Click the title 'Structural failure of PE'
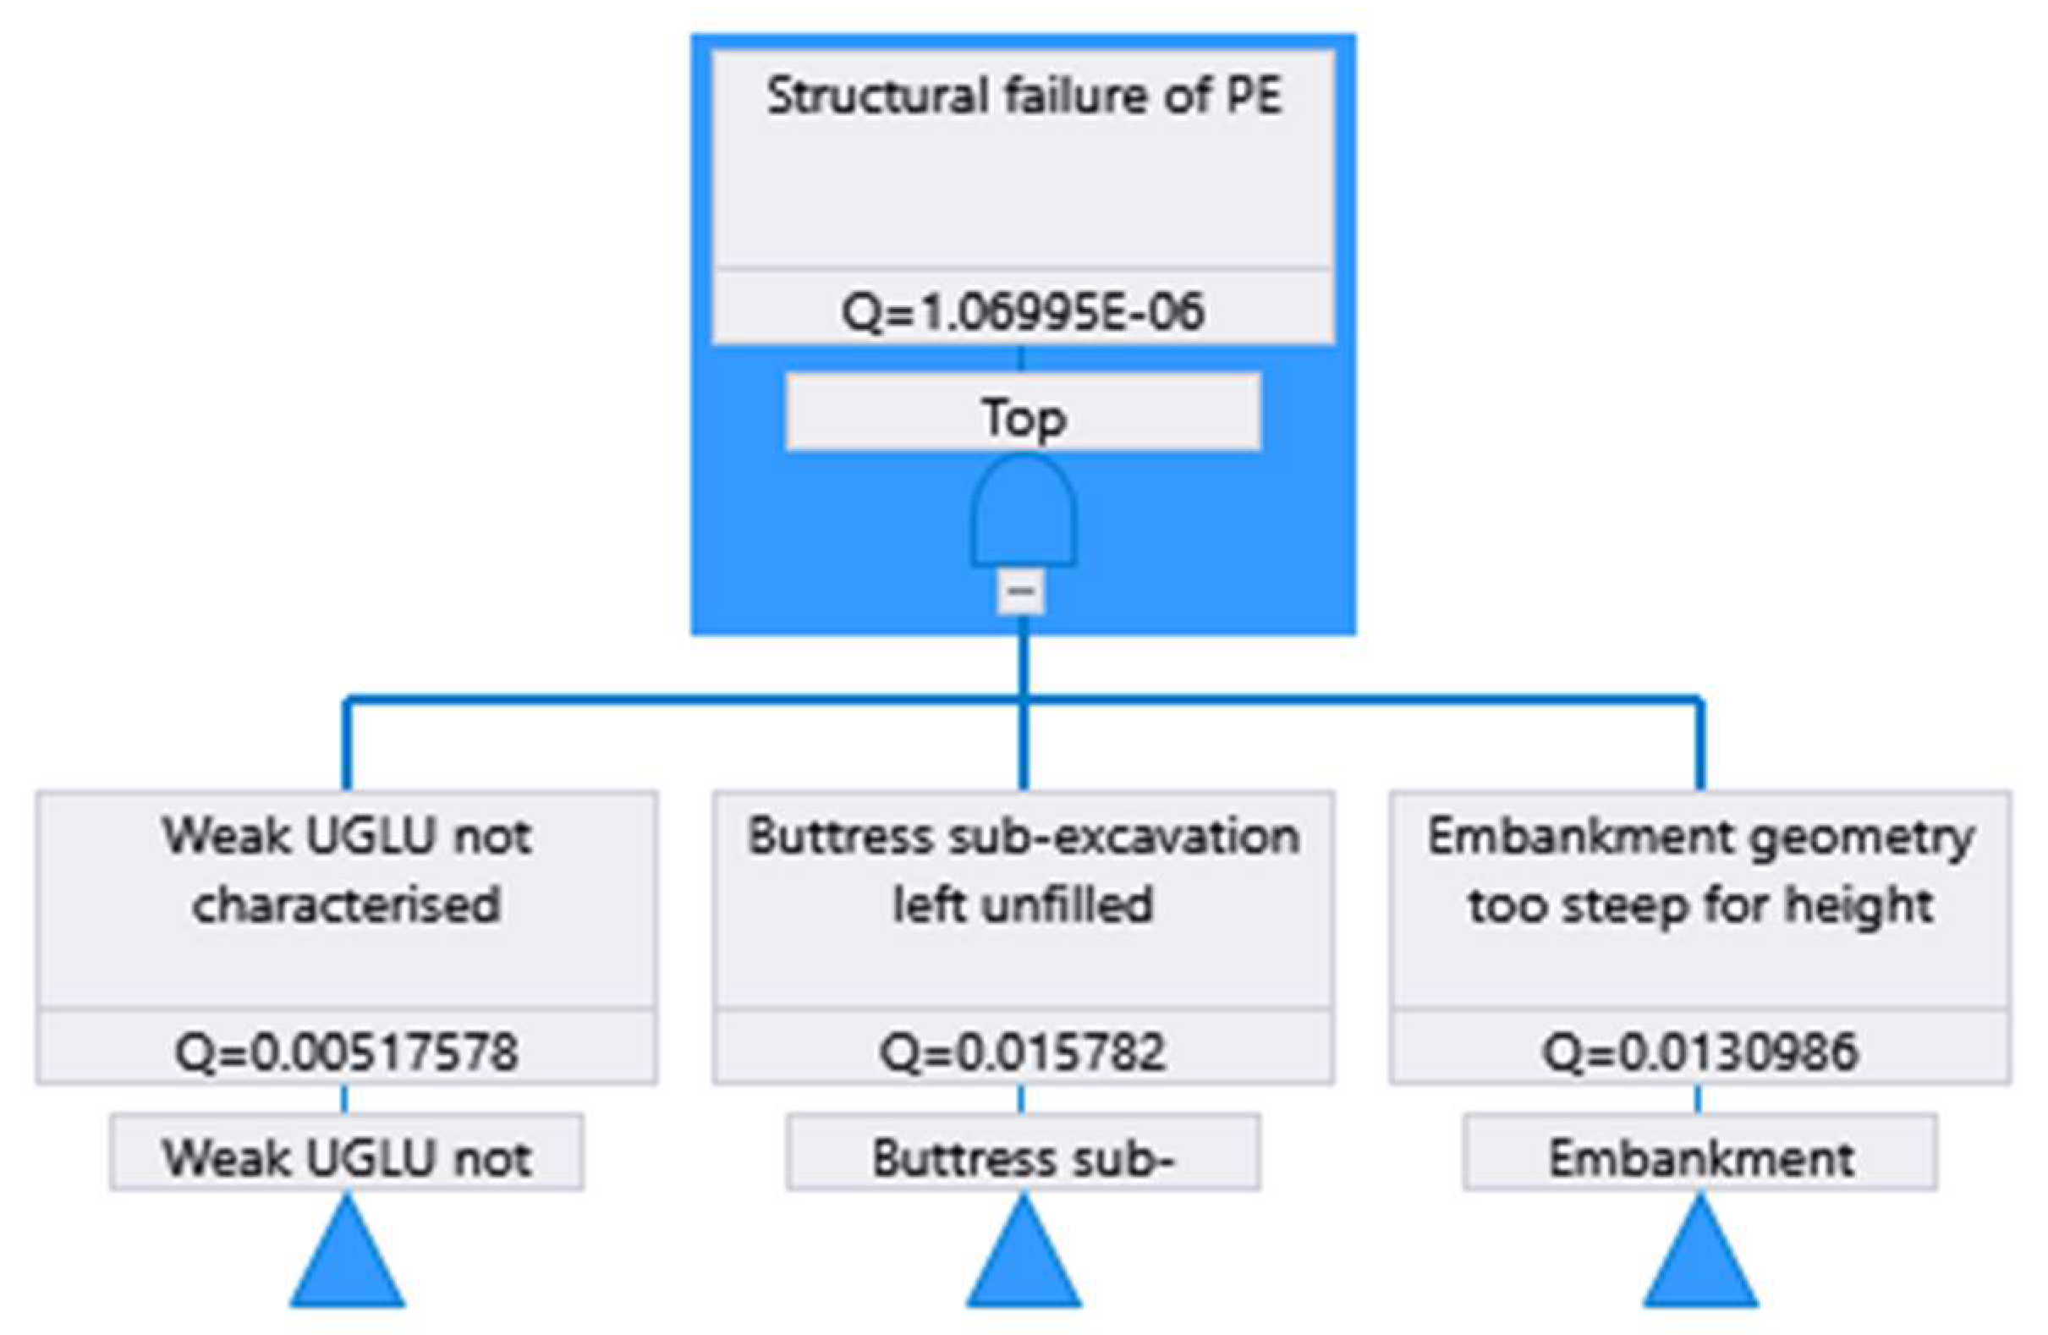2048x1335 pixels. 1024,96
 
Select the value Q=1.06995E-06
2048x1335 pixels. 1023,310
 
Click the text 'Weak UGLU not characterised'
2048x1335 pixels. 347,871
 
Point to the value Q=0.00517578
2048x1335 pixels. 347,1052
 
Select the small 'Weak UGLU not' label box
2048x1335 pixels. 347,1157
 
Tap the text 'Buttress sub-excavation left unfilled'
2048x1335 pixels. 1023,871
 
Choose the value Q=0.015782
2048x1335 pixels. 1023,1052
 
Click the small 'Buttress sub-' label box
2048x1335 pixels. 1023,1157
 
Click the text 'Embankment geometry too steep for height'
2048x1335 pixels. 1700,871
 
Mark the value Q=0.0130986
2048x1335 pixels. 1700,1052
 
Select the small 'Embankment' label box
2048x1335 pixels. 1700,1157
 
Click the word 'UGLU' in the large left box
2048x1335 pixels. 371,837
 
